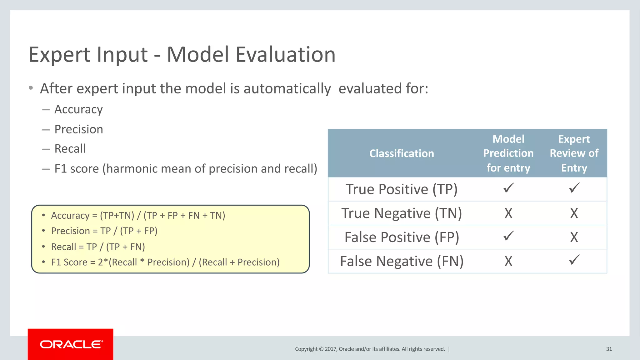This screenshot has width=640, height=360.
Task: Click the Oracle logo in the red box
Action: click(71, 344)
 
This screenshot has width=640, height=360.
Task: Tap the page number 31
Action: click(609, 349)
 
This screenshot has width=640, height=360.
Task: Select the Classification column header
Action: click(402, 153)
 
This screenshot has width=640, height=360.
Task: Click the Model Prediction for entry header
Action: click(508, 153)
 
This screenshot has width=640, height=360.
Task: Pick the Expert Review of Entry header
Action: click(574, 153)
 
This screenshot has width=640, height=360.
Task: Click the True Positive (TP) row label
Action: click(402, 189)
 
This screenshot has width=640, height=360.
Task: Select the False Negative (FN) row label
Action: click(402, 261)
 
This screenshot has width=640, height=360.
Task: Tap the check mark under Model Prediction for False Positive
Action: click(508, 236)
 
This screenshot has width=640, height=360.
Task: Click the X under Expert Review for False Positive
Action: click(574, 237)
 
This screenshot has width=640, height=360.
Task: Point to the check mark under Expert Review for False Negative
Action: click(574, 260)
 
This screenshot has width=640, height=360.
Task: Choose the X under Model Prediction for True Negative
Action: click(508, 213)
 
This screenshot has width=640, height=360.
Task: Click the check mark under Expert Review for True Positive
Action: click(574, 188)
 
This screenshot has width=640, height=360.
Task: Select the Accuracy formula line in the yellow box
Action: click(138, 216)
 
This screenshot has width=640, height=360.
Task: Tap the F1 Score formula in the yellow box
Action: click(165, 262)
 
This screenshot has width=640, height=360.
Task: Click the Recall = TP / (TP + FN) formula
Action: click(98, 247)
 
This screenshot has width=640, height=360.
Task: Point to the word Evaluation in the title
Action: click(285, 55)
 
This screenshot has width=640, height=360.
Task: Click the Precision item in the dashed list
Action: click(78, 129)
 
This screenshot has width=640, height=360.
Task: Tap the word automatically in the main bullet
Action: click(287, 89)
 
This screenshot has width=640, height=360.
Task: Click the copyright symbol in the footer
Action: click(321, 349)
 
